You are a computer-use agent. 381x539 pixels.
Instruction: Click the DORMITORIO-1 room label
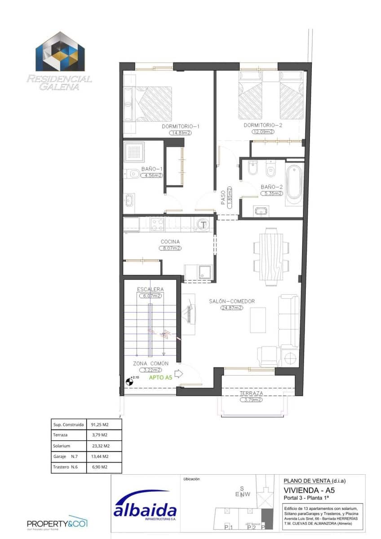[180, 126]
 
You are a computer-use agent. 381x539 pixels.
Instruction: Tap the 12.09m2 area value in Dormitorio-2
[263, 132]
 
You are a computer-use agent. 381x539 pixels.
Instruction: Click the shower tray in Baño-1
[134, 154]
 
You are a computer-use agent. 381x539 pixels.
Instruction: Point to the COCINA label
[170, 242]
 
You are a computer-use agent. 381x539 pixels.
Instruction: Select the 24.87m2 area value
[231, 308]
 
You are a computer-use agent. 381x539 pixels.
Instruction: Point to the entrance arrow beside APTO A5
[179, 374]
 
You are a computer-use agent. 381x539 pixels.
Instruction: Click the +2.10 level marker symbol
[129, 382]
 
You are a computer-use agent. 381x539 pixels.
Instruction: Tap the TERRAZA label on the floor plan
[251, 393]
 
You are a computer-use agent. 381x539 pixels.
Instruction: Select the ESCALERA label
[151, 289]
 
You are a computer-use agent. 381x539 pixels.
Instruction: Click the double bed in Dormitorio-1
[153, 104]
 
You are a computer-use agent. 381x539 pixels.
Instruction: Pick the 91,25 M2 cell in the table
[100, 424]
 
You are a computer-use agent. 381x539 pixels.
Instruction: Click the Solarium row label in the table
[62, 446]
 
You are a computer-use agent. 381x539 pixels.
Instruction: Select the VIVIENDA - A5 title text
[309, 490]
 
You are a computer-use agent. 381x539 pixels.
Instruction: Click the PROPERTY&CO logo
[57, 523]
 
